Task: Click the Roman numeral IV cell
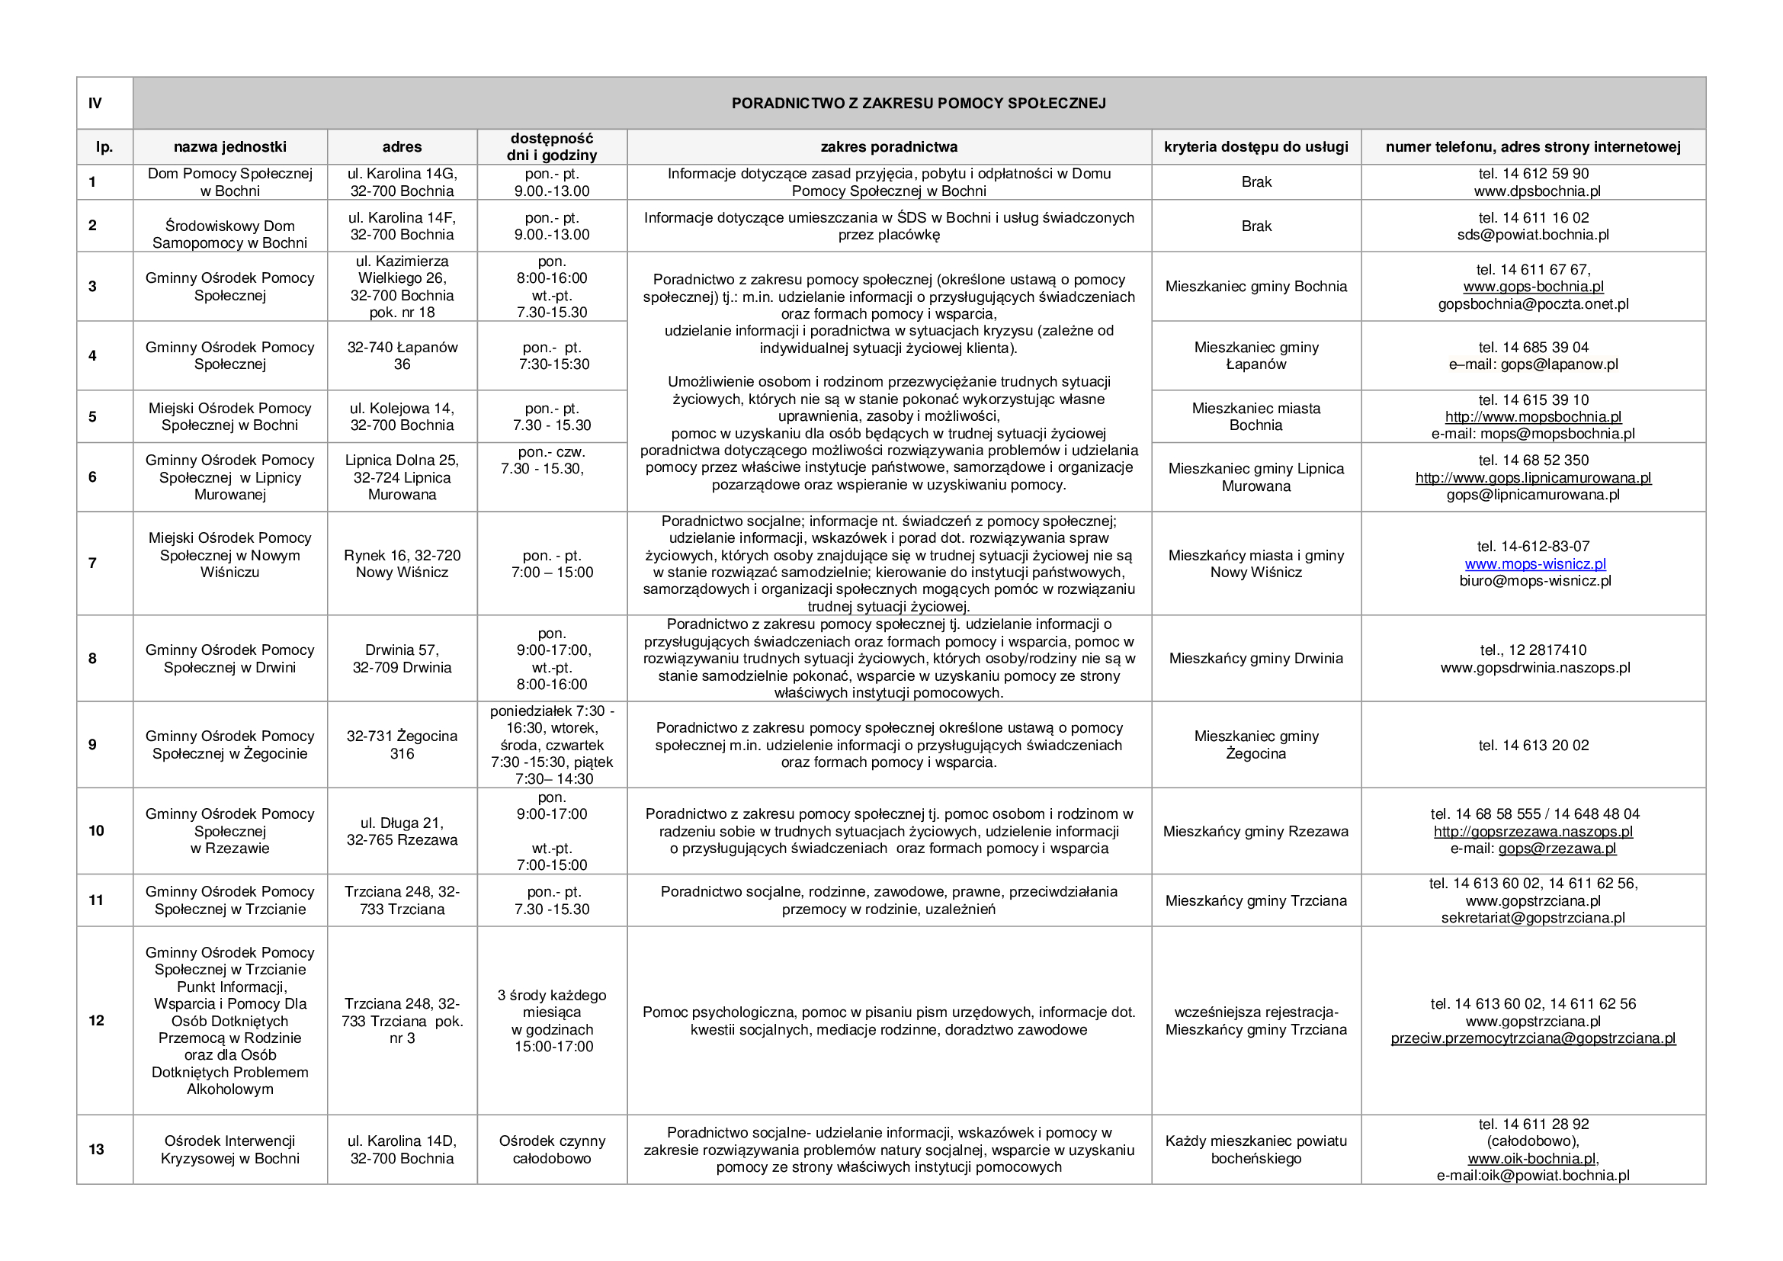(95, 103)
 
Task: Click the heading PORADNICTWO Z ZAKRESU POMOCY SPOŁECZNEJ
(918, 103)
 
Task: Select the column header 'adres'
(402, 146)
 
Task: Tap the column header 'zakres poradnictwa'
(888, 146)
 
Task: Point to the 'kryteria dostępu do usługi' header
(1255, 146)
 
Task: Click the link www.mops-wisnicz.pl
(1534, 563)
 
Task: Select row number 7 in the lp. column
(92, 563)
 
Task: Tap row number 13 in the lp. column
(95, 1149)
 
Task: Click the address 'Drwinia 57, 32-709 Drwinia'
(402, 659)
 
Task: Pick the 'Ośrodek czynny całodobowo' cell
(551, 1149)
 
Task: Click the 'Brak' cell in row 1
(1255, 181)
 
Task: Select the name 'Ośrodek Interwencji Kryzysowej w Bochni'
(230, 1149)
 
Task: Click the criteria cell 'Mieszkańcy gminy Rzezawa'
(1255, 832)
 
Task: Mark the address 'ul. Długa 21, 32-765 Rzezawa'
(402, 832)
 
